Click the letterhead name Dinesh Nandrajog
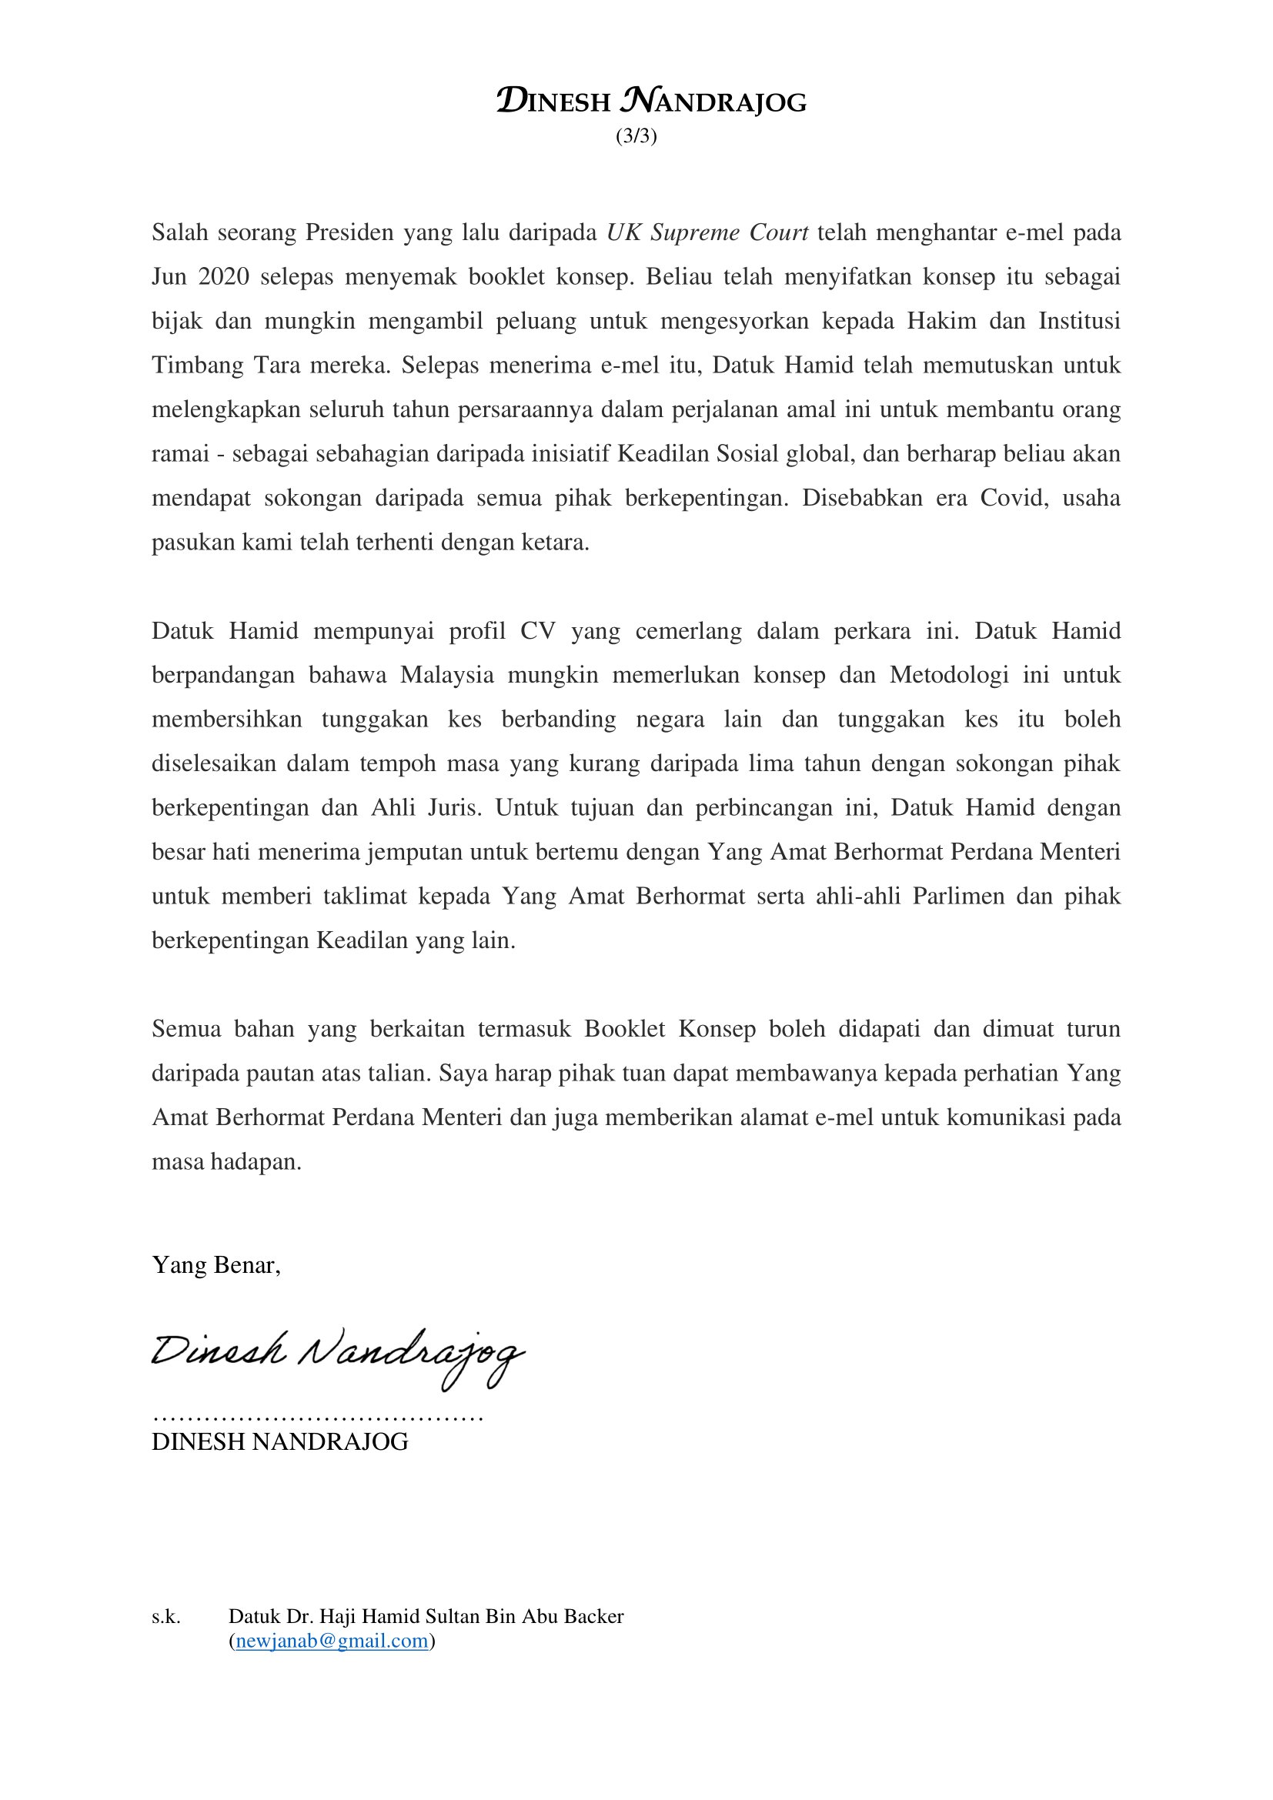[651, 101]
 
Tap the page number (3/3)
[636, 136]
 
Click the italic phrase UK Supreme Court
[707, 233]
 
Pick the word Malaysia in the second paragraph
[447, 675]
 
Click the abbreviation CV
[538, 631]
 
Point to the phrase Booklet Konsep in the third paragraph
[670, 1029]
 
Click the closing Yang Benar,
[216, 1264]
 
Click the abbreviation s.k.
[166, 1616]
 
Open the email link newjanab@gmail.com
[332, 1641]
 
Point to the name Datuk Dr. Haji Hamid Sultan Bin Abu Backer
[426, 1616]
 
